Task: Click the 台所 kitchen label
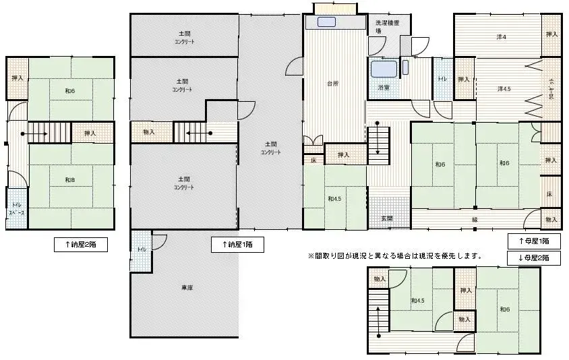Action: point(332,84)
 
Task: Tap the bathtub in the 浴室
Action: point(383,69)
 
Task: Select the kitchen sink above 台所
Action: point(326,22)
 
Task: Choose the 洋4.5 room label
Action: point(504,89)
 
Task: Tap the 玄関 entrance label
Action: point(388,218)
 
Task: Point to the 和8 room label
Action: point(69,179)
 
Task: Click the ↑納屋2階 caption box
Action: point(80,245)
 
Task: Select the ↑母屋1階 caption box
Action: point(533,241)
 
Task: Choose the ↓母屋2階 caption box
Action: point(533,258)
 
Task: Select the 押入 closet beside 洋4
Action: point(551,34)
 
